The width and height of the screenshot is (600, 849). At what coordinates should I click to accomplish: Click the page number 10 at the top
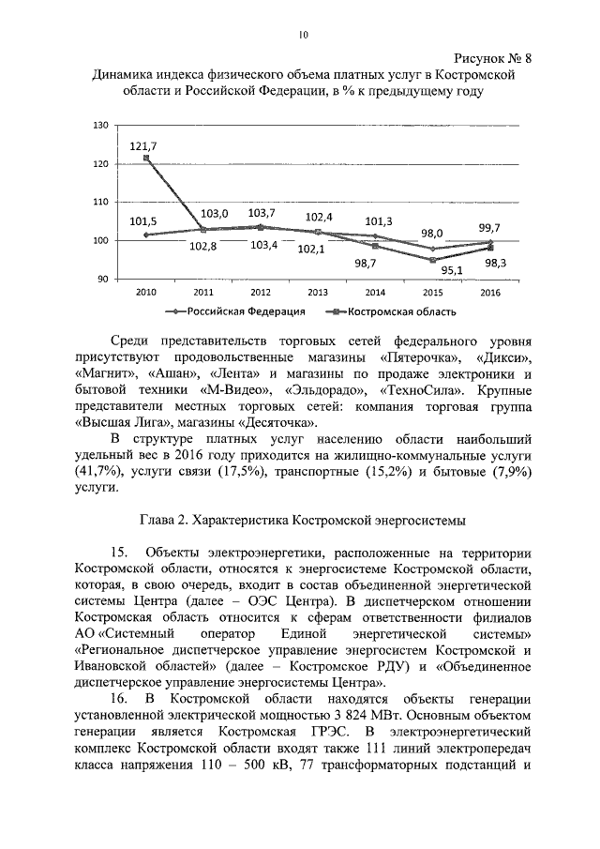(303, 35)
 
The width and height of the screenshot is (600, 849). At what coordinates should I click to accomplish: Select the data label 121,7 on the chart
(143, 146)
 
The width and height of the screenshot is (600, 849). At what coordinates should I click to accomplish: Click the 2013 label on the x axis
(318, 293)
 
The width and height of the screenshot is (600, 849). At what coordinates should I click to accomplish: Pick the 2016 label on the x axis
(490, 293)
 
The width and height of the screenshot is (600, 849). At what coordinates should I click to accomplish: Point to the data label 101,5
(143, 221)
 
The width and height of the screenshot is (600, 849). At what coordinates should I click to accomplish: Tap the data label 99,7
(488, 227)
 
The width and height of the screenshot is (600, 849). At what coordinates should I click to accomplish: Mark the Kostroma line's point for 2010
(146, 158)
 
